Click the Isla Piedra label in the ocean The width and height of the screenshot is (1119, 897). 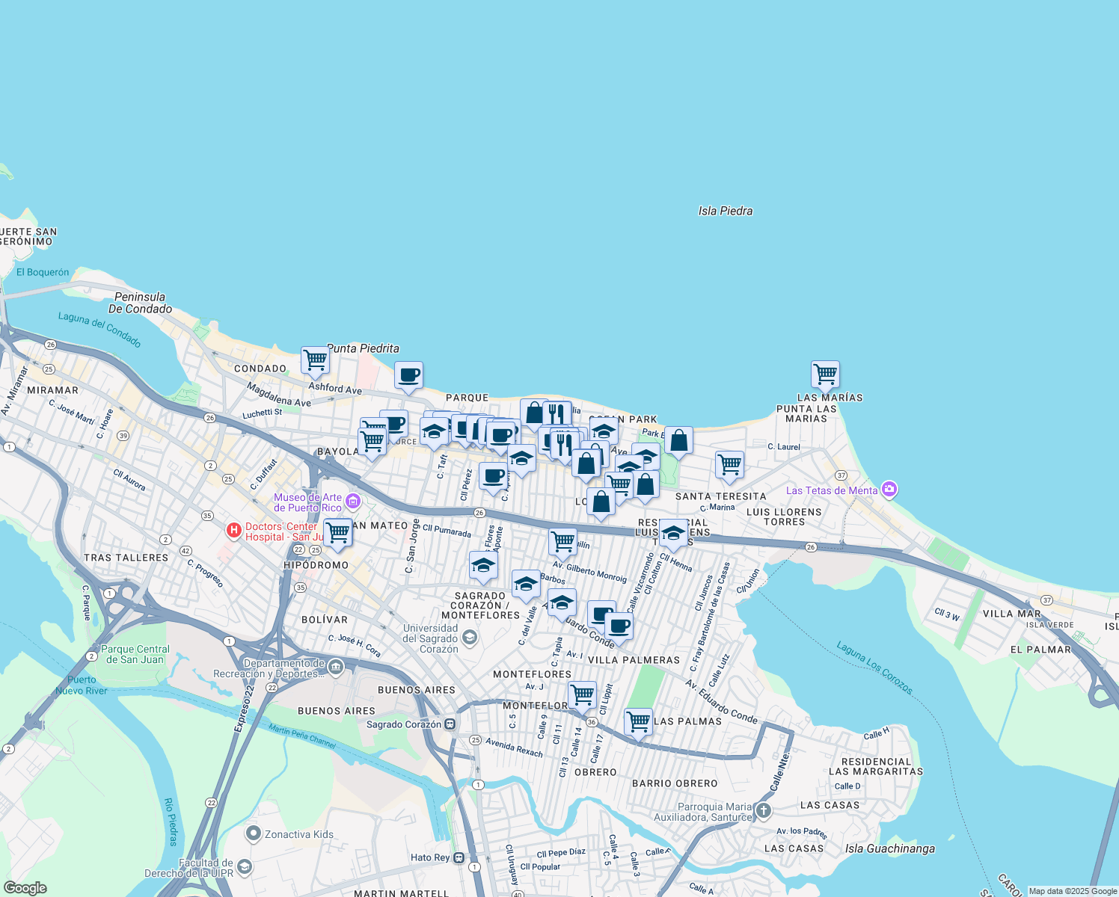coord(726,211)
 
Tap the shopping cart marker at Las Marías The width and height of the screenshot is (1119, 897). coord(825,374)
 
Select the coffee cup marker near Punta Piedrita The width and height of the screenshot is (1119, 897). coord(408,375)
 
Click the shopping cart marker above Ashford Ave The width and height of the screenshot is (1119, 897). coord(316,360)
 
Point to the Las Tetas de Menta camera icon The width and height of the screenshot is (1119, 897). coord(889,490)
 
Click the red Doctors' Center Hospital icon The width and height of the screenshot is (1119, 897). coord(234,531)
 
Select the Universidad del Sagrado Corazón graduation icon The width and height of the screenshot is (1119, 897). coord(469,638)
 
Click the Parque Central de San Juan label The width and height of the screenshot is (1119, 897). coord(135,654)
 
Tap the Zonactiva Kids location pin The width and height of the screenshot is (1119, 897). coord(253,833)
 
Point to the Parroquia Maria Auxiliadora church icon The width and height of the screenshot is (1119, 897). coord(763,810)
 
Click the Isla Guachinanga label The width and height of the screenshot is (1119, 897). coord(890,848)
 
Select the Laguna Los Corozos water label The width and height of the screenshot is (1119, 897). coord(874,667)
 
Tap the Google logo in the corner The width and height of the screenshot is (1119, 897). coord(25,888)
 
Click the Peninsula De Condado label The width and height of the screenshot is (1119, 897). coord(140,303)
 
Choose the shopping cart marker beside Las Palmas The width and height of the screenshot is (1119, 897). coord(638,722)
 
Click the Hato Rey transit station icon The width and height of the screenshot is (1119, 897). coord(459,857)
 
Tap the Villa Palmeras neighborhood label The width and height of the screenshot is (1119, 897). coord(634,660)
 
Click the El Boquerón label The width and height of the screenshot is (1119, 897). coord(43,272)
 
